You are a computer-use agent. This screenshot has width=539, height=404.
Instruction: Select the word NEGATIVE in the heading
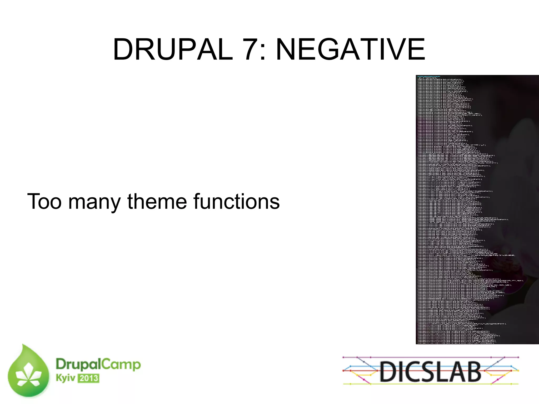(350, 49)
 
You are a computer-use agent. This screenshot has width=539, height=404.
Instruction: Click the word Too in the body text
(44, 202)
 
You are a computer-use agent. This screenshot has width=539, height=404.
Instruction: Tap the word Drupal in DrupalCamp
(78, 365)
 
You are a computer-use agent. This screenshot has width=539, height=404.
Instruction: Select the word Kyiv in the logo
(65, 378)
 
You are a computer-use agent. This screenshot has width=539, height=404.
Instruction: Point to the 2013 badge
(88, 378)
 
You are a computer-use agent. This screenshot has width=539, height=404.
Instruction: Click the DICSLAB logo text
(431, 371)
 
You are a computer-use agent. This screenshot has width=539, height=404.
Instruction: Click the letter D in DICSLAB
(388, 371)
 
